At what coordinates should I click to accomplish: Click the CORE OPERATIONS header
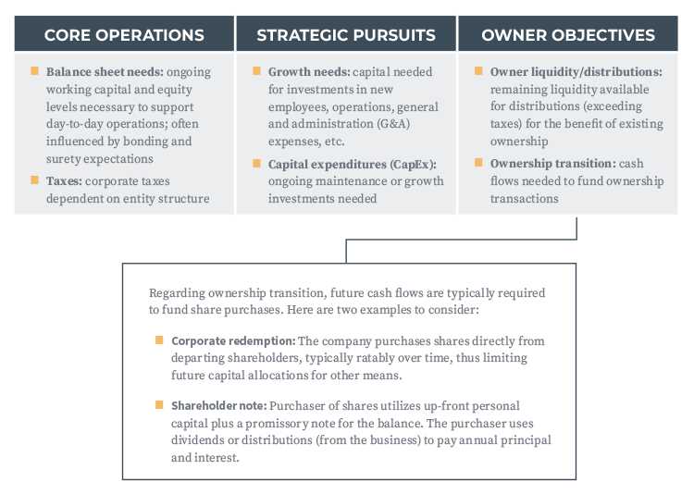124,35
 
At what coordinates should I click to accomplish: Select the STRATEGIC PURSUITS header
346,35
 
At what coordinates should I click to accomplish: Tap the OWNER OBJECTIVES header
568,35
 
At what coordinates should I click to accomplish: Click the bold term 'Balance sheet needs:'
105,72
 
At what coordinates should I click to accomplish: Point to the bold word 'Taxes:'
64,181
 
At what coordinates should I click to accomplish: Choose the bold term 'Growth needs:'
309,72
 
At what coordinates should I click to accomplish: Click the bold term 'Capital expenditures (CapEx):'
353,165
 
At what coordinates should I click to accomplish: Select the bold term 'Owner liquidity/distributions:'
576,72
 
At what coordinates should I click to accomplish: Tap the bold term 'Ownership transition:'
553,164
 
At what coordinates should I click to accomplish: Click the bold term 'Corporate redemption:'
233,340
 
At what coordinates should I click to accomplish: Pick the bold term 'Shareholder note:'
219,406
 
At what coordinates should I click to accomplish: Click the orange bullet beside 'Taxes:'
34,179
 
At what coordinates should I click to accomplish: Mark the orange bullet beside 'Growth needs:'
256,71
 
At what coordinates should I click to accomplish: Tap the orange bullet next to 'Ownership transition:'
478,163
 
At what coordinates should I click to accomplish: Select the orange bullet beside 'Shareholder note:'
159,405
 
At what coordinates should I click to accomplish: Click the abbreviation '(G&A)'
393,124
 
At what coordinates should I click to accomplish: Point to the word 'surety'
63,159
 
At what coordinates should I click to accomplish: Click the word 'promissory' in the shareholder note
277,424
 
